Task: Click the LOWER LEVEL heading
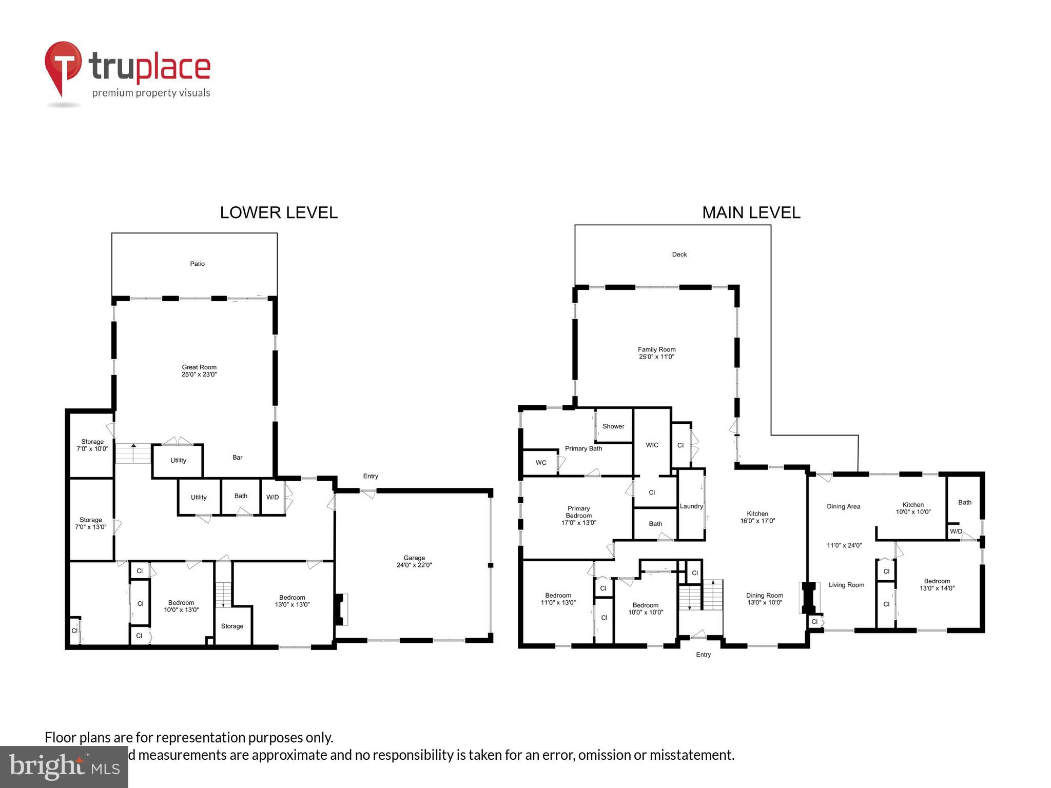[x=279, y=212]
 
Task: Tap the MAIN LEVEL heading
[x=751, y=212]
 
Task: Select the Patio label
[x=197, y=264]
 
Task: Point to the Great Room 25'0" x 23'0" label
[x=199, y=370]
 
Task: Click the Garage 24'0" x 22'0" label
[x=414, y=561]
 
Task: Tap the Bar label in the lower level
[x=237, y=457]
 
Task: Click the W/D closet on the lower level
[x=273, y=497]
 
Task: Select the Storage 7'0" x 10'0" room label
[x=92, y=445]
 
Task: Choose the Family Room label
[x=656, y=353]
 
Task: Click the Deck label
[x=679, y=254]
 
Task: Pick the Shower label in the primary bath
[x=613, y=426]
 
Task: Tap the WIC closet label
[x=652, y=445]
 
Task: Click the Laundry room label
[x=691, y=506]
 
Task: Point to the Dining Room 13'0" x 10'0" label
[x=764, y=599]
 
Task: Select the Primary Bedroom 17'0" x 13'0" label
[x=578, y=516]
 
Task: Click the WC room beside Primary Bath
[x=541, y=463]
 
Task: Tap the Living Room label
[x=846, y=585]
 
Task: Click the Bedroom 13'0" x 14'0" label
[x=937, y=585]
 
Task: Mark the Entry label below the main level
[x=703, y=655]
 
